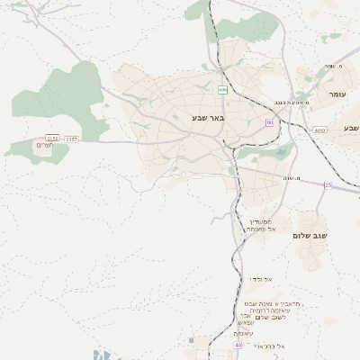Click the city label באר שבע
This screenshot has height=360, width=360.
pyautogui.click(x=208, y=118)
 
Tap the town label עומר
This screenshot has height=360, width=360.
pyautogui.click(x=337, y=94)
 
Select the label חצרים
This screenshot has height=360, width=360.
pyautogui.click(x=45, y=146)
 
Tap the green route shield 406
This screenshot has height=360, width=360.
pyautogui.click(x=222, y=90)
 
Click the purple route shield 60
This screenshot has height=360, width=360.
pyautogui.click(x=269, y=122)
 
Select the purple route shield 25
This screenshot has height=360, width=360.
pyautogui.click(x=328, y=185)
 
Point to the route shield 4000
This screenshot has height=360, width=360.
pyautogui.click(x=320, y=130)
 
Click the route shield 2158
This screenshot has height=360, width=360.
pyautogui.click(x=52, y=139)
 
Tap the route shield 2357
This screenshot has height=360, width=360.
pyautogui.click(x=72, y=139)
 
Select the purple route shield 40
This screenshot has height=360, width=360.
pyautogui.click(x=238, y=345)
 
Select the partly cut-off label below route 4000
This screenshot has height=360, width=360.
pyautogui.click(x=350, y=128)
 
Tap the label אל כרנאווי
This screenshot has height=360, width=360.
pyautogui.click(x=269, y=346)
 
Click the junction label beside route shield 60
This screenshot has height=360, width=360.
pyautogui.click(x=291, y=102)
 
